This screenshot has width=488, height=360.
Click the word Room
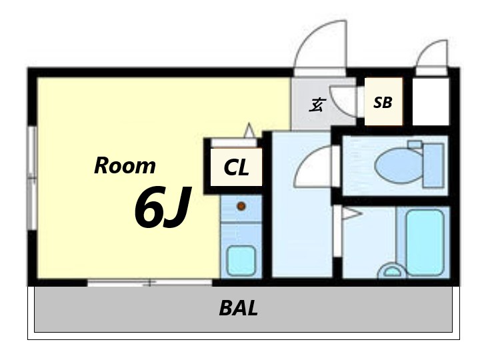point(125,165)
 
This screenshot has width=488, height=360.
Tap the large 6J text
point(162,207)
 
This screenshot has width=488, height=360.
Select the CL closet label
point(236,167)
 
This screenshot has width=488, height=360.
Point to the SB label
point(383,103)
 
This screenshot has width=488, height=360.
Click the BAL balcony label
point(239,308)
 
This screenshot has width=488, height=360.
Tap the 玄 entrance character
point(317,105)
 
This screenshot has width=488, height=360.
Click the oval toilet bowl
point(399,165)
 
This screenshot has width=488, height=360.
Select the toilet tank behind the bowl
point(433,165)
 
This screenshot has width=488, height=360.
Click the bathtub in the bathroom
point(425,242)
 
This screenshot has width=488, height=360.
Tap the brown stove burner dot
point(241,206)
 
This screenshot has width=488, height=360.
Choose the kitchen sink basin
point(241,261)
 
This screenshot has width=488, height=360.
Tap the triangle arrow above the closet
point(249,130)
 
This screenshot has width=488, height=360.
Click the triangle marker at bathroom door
point(352,214)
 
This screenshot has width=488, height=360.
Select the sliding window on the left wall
point(33,178)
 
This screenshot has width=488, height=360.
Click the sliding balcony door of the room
point(150,283)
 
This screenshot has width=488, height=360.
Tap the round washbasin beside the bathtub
point(392,271)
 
